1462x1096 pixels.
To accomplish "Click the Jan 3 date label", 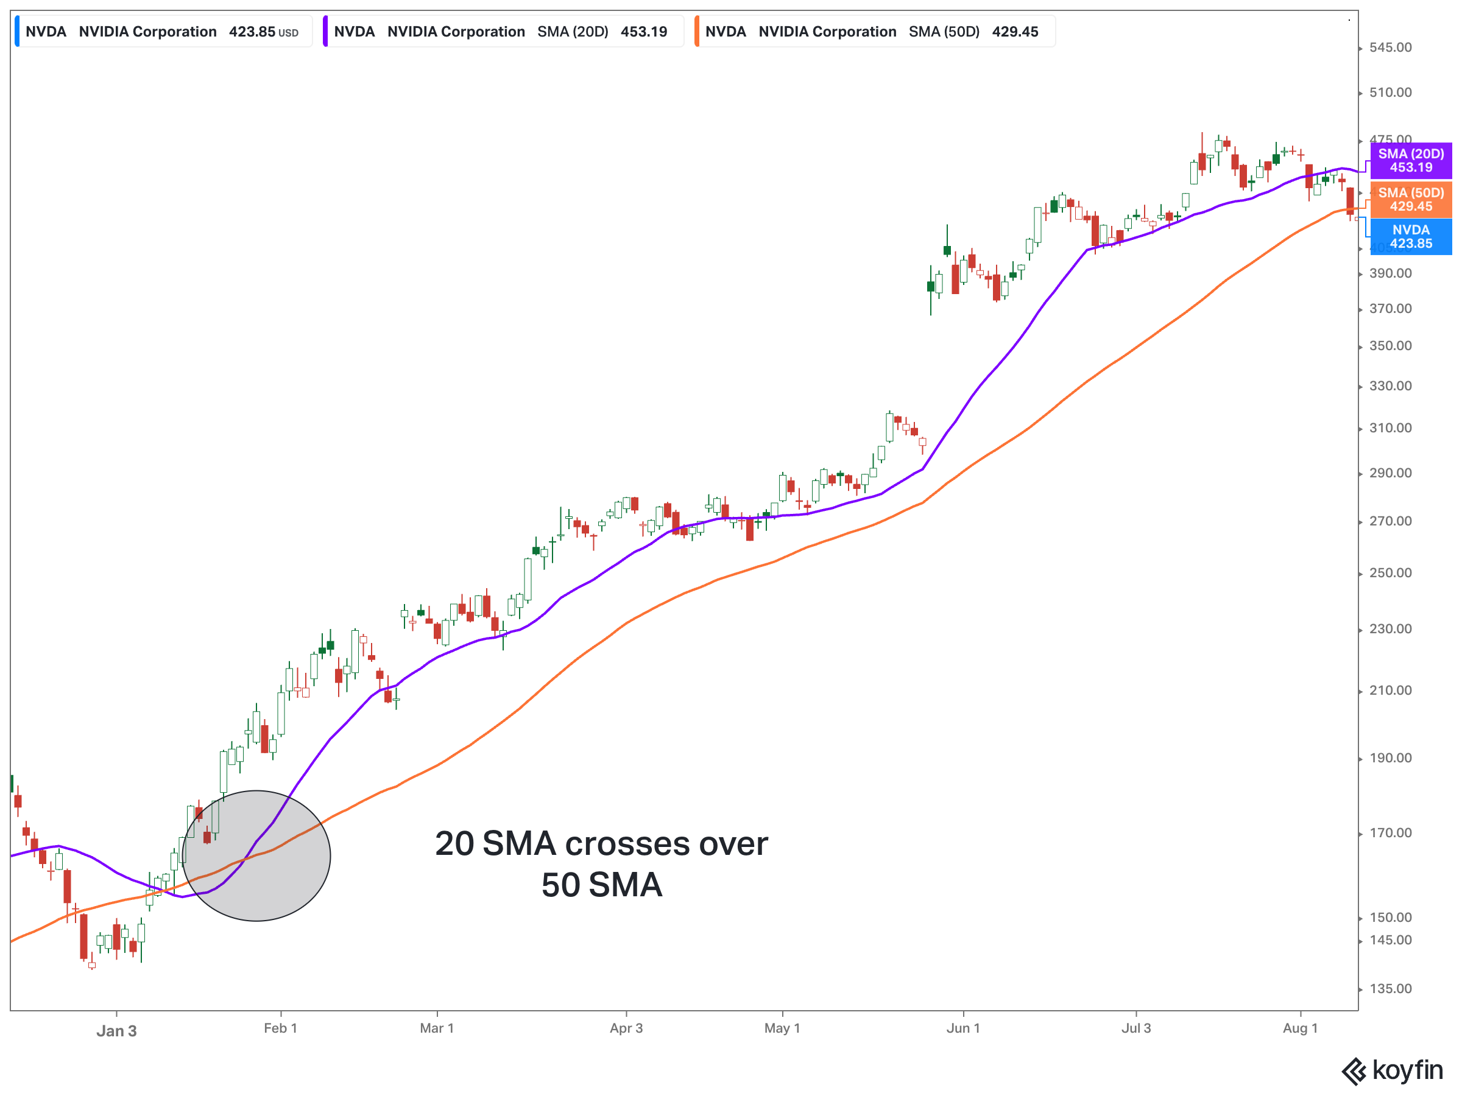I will [x=116, y=1031].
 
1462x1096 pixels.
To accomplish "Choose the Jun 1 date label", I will [x=963, y=1028].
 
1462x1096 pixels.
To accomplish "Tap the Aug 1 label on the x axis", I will [x=1300, y=1028].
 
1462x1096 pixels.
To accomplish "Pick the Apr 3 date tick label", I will [x=626, y=1028].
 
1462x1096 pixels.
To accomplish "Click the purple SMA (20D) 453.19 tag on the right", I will [x=1410, y=161].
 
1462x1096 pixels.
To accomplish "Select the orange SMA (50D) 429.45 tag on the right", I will [x=1410, y=200].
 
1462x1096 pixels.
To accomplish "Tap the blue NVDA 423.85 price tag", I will [x=1410, y=236].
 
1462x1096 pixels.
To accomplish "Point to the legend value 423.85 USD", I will [x=263, y=32].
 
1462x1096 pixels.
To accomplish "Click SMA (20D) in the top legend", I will [x=573, y=32].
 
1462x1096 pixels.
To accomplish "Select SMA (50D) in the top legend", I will [x=944, y=32].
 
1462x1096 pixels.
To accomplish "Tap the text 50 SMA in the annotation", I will [x=601, y=885].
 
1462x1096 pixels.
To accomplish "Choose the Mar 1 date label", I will [x=437, y=1028].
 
